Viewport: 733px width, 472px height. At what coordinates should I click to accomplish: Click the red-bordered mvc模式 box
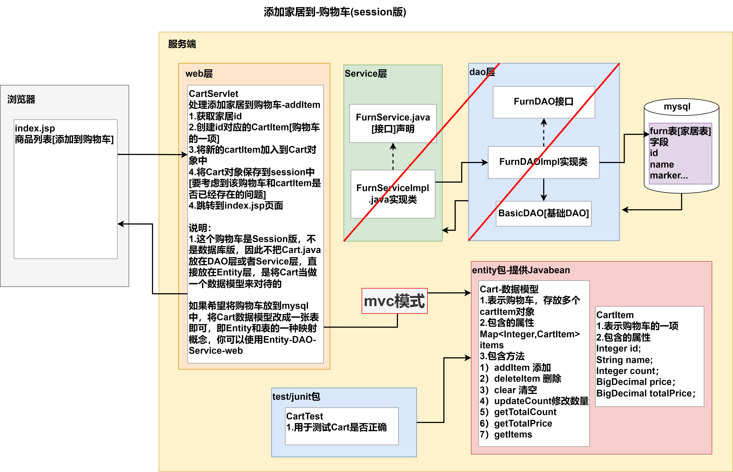[394, 301]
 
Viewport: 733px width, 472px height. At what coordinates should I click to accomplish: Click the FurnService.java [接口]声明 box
[393, 123]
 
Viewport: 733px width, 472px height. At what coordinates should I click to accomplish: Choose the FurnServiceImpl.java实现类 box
[393, 194]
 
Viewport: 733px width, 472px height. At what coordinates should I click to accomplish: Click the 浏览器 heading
[21, 99]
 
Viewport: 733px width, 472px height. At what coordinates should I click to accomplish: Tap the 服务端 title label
[182, 44]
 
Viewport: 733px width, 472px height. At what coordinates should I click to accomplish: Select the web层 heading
[199, 74]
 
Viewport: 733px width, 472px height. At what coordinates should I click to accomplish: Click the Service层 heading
[366, 74]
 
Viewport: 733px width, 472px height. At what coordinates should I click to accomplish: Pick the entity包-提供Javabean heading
[521, 270]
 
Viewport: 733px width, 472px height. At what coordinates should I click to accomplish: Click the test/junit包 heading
[296, 397]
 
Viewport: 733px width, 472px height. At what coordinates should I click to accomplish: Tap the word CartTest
[304, 416]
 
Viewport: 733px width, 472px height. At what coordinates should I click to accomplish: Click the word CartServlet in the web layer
[213, 94]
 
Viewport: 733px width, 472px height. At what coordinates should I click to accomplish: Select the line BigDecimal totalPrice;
[646, 393]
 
